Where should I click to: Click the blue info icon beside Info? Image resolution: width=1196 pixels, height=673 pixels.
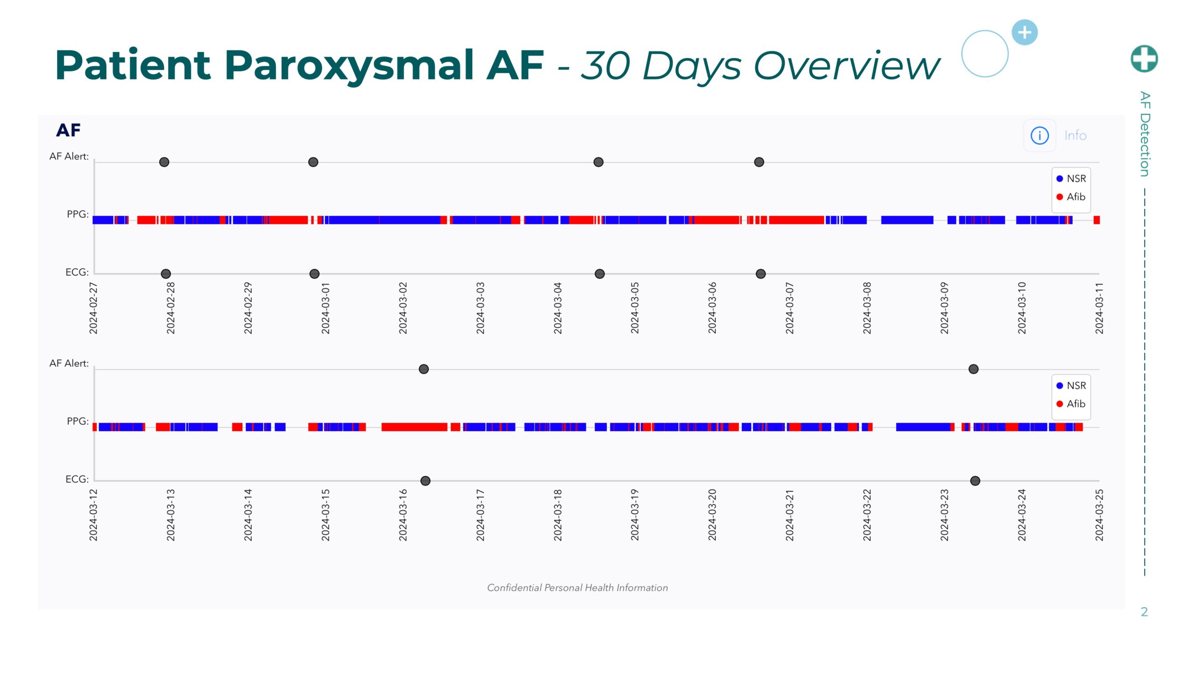click(x=1039, y=136)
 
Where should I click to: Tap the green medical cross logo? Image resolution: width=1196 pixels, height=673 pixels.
click(x=1144, y=59)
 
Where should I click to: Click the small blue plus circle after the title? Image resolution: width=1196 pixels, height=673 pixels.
click(x=1025, y=33)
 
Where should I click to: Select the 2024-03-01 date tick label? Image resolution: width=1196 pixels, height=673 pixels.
click(x=326, y=308)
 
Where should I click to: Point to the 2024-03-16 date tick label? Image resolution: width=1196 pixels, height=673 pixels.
click(x=403, y=515)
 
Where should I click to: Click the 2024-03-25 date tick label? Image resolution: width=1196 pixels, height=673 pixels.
click(x=1099, y=515)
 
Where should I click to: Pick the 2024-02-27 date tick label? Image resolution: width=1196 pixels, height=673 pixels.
click(x=93, y=308)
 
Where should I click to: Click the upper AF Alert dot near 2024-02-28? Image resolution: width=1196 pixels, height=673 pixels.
click(x=164, y=162)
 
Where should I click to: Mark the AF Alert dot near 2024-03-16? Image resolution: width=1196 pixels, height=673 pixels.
click(x=424, y=369)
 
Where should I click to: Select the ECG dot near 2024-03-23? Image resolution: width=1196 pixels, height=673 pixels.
click(x=975, y=481)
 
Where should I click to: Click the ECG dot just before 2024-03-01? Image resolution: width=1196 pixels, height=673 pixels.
click(x=314, y=274)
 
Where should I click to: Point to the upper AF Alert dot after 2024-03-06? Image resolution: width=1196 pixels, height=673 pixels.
click(x=759, y=162)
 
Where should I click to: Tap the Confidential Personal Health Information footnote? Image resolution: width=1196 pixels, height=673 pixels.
click(x=577, y=588)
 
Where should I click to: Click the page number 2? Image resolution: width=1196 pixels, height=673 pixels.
click(x=1144, y=612)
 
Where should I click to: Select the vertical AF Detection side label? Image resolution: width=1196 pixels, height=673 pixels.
click(x=1145, y=134)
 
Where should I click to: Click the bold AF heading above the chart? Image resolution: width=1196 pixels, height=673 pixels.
click(x=68, y=130)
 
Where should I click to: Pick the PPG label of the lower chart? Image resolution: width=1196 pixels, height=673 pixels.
click(x=78, y=422)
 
